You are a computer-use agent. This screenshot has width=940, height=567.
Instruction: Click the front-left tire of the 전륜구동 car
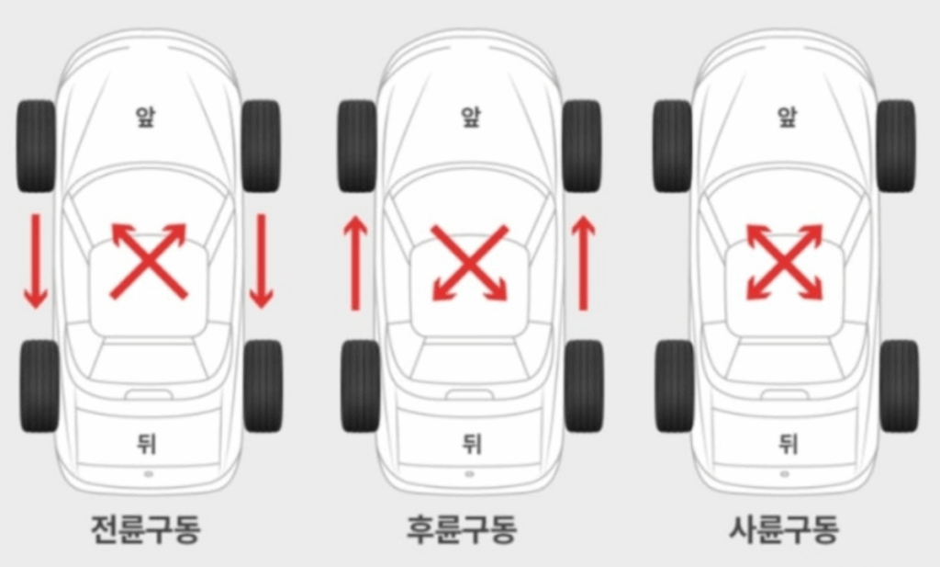click(x=36, y=146)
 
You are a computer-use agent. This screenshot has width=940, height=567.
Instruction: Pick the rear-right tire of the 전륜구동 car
click(x=263, y=386)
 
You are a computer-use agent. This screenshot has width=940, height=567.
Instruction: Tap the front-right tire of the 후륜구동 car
click(x=582, y=146)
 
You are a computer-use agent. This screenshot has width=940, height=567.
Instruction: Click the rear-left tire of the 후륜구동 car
click(x=359, y=386)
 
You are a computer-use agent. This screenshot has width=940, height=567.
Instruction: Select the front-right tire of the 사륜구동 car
click(x=896, y=146)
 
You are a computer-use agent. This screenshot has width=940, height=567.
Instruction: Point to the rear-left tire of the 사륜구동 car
click(x=675, y=386)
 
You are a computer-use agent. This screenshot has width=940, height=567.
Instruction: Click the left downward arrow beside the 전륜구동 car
click(x=36, y=260)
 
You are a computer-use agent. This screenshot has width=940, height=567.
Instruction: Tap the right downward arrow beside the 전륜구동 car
click(x=262, y=260)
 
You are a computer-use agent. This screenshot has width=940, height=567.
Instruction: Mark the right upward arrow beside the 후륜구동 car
click(x=582, y=264)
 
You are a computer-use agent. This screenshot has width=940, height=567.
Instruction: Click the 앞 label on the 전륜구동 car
click(x=146, y=118)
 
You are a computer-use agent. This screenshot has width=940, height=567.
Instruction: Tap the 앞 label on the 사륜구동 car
click(x=787, y=118)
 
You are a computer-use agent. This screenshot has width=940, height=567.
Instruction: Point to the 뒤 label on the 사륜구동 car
click(x=788, y=445)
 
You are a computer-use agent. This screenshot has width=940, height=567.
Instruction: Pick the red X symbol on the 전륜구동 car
click(x=149, y=261)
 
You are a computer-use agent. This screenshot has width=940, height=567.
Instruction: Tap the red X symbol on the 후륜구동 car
click(x=469, y=263)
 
